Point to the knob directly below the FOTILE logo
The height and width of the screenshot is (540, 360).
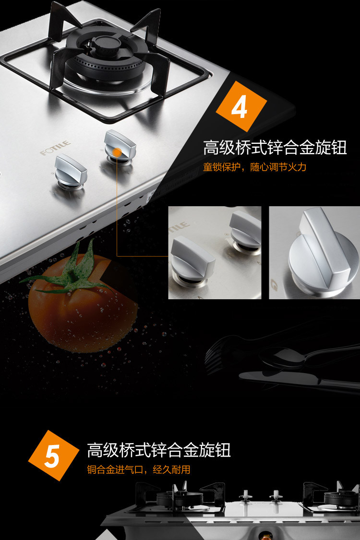(71, 172)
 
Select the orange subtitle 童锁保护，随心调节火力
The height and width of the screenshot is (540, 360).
(254, 167)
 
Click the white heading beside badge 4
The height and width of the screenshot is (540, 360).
(275, 147)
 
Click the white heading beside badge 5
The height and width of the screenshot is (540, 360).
(158, 450)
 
